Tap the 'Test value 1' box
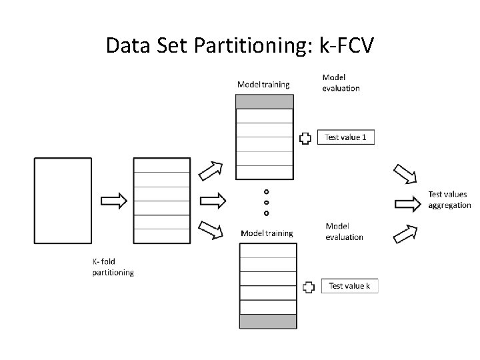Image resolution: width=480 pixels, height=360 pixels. (x=345, y=137)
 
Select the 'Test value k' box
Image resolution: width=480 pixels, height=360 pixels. (x=349, y=285)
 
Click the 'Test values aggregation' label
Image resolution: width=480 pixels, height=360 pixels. (x=449, y=200)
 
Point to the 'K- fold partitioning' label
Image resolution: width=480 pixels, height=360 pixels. (x=113, y=267)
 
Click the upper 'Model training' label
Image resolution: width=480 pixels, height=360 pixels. (x=263, y=84)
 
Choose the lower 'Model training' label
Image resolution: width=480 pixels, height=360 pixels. (x=267, y=233)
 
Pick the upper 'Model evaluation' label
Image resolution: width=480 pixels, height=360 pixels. (x=341, y=83)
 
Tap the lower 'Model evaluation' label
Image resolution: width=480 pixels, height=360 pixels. (x=344, y=231)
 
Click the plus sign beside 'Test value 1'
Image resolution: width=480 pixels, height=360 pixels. (x=305, y=138)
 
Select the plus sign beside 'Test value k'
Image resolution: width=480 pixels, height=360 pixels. (x=309, y=287)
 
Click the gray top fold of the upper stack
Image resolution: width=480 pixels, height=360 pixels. (x=264, y=101)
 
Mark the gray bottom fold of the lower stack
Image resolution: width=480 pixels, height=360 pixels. (x=268, y=321)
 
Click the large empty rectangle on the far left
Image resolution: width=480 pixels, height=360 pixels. (x=63, y=200)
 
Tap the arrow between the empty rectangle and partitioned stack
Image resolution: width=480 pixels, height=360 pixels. (x=113, y=201)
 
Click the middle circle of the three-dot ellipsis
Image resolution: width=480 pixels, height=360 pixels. (x=267, y=202)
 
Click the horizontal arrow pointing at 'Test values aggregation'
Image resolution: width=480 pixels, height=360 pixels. (x=408, y=201)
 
